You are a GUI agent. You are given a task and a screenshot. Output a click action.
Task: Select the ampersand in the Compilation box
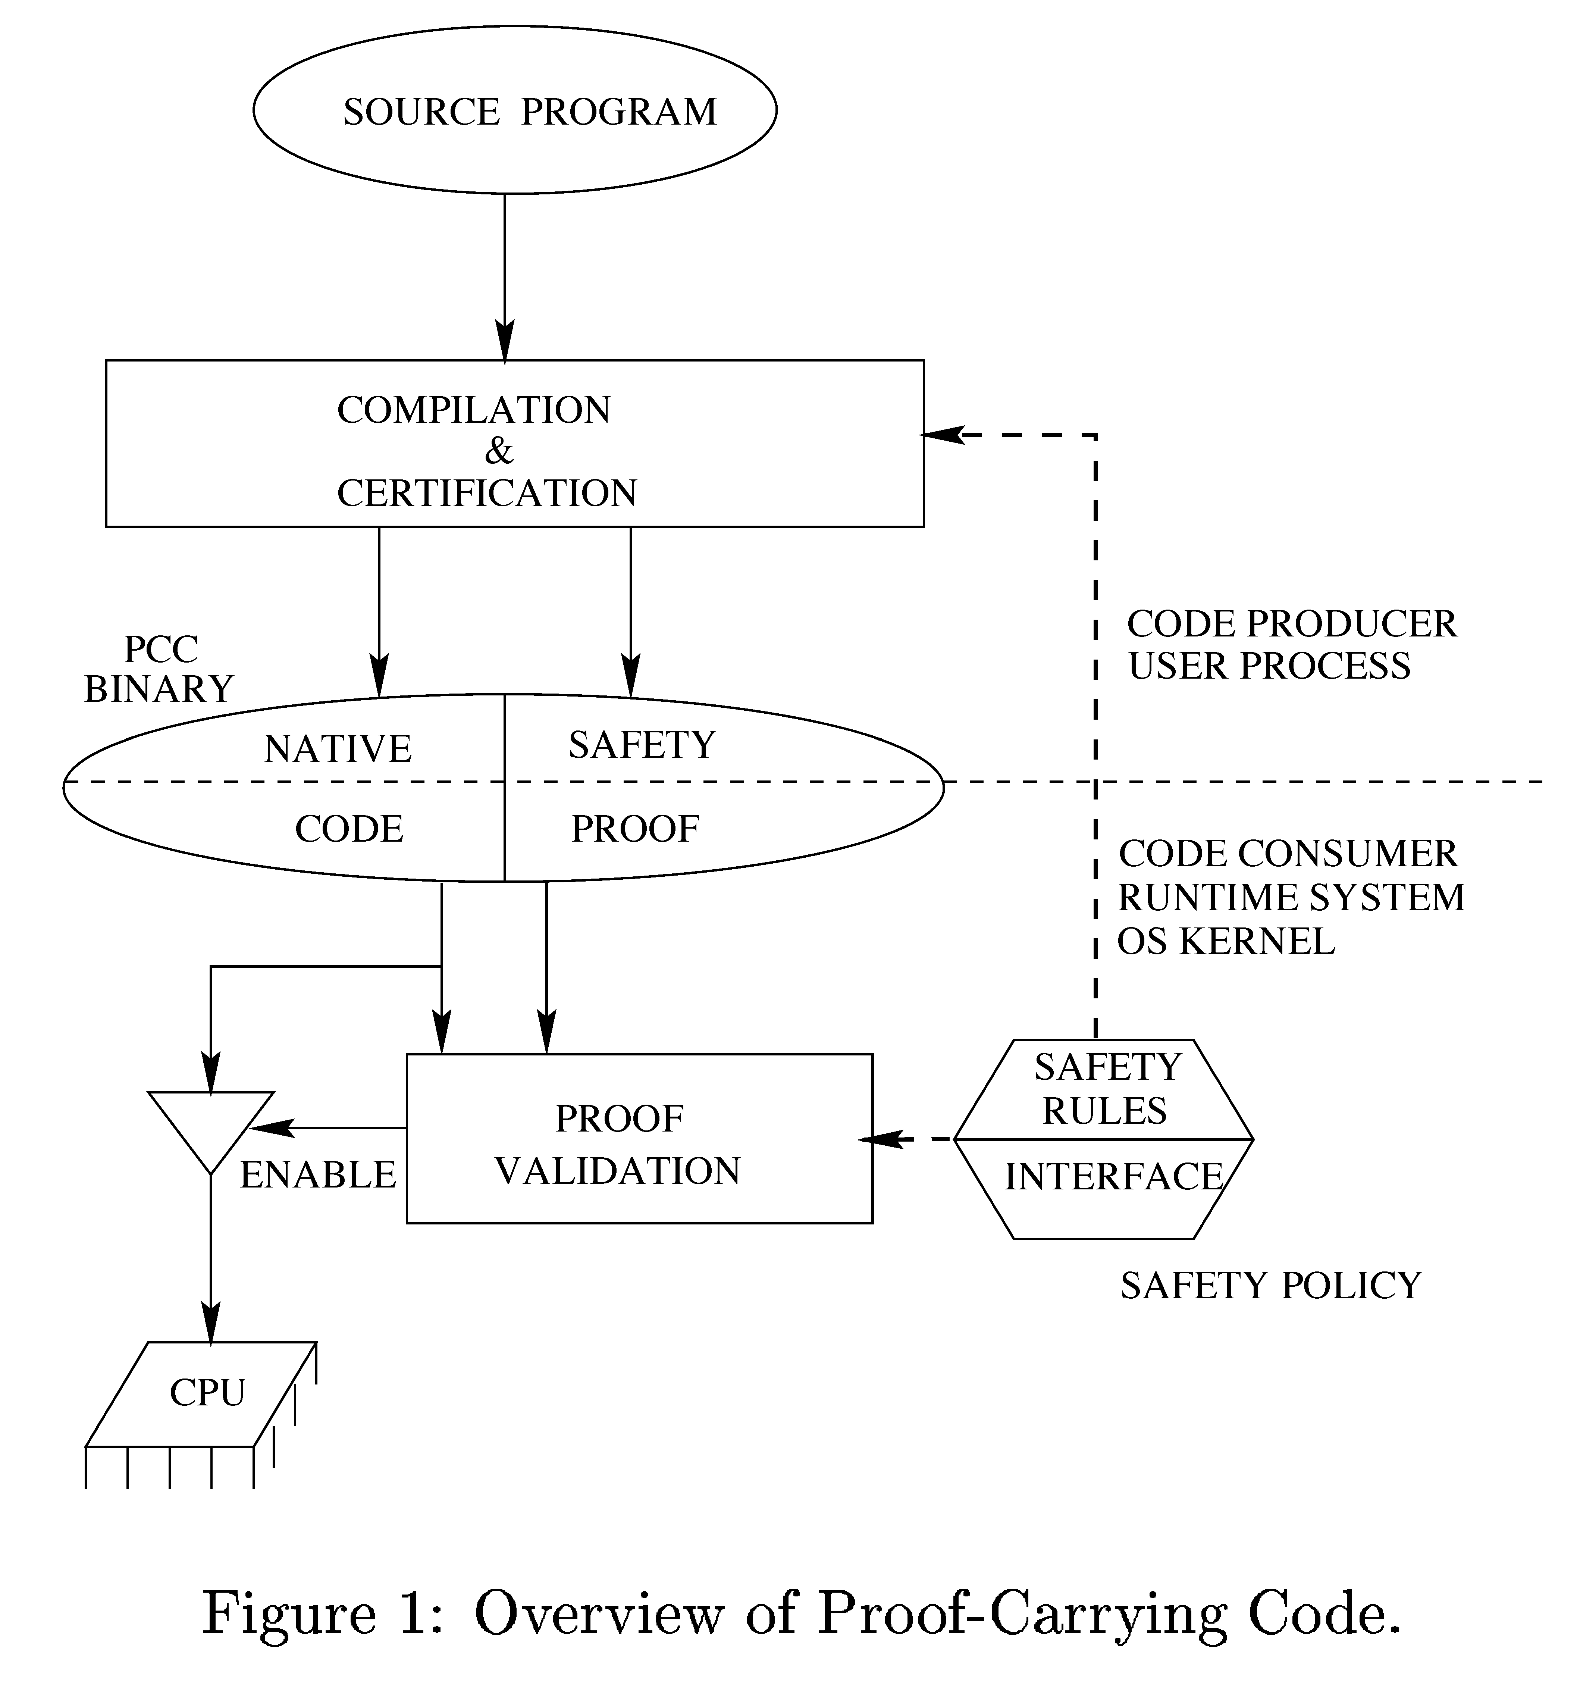point(499,451)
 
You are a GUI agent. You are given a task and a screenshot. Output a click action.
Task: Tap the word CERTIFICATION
point(486,493)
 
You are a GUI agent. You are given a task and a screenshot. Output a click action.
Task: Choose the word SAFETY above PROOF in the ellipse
point(642,745)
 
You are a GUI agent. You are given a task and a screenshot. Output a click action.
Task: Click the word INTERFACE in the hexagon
point(1113,1176)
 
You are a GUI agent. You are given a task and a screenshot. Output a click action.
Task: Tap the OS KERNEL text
point(1225,941)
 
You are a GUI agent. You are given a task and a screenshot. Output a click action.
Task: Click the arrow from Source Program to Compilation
point(505,273)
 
